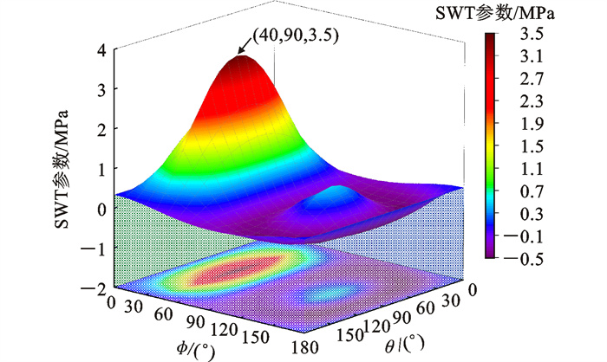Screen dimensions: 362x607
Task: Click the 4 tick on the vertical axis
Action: pyautogui.click(x=101, y=49)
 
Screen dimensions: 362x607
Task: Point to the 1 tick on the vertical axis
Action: pyautogui.click(x=101, y=169)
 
